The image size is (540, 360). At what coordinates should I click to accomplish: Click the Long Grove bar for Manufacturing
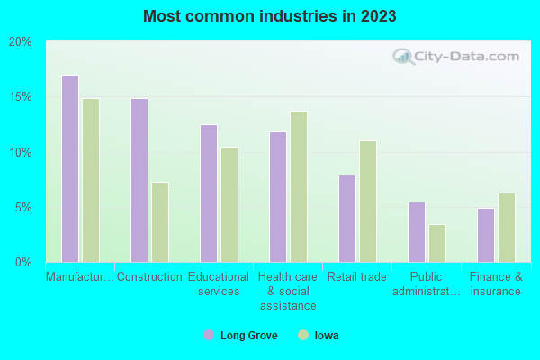coord(70,168)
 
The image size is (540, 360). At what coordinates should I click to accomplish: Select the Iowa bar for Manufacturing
coord(91,180)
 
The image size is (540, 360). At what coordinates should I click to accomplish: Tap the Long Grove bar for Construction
coord(139,180)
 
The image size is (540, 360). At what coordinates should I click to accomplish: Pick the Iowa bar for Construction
coord(160,222)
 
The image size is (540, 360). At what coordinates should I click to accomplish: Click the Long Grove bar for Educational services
coord(209,193)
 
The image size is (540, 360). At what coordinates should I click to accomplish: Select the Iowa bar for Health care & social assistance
coord(299,186)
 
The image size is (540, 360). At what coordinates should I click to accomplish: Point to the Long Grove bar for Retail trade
coord(347,219)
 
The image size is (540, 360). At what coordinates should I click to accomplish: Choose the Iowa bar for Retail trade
coord(368,202)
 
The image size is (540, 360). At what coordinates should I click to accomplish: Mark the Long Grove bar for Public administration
coord(417,232)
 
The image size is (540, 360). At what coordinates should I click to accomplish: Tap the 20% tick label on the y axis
coord(20,42)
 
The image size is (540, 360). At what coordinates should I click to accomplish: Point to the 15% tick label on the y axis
coord(20,97)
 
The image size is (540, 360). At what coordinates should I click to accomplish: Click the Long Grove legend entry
coord(241,336)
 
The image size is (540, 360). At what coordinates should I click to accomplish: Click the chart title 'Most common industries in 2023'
coord(269,16)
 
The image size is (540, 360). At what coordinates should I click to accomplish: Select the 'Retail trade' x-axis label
coord(357,277)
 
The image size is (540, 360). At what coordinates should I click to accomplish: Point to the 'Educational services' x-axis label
coord(219,284)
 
